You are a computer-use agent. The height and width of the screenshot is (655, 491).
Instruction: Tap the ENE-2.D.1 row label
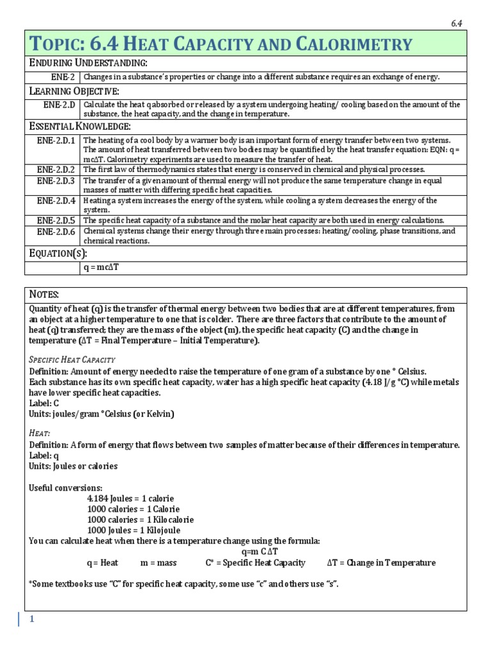tap(56, 140)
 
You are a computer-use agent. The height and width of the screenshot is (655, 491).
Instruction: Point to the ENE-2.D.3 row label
tap(56, 181)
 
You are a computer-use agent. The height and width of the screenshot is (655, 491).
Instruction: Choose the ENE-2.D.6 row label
tap(56, 232)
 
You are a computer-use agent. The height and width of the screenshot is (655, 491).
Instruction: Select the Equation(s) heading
tap(59, 253)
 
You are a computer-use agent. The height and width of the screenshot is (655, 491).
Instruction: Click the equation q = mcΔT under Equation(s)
tap(102, 267)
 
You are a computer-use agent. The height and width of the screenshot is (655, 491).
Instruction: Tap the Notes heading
tap(44, 294)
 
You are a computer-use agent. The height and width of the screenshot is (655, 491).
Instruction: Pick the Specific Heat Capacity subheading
tap(72, 359)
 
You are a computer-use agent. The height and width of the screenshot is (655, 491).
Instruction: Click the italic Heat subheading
tap(39, 433)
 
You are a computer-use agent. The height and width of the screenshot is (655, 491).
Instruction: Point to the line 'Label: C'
tap(44, 403)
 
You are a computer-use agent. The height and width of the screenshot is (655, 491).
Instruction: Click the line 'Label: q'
tap(44, 455)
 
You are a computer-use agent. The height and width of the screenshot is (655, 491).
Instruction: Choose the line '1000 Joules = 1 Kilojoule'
tap(134, 530)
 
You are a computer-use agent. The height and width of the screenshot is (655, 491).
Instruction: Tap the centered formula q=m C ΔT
tap(260, 551)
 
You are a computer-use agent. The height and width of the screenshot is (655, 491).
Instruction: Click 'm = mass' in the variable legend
tap(157, 563)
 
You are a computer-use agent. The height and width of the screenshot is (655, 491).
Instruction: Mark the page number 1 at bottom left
tap(30, 619)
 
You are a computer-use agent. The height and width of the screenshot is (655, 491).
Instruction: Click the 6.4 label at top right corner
tap(456, 23)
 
